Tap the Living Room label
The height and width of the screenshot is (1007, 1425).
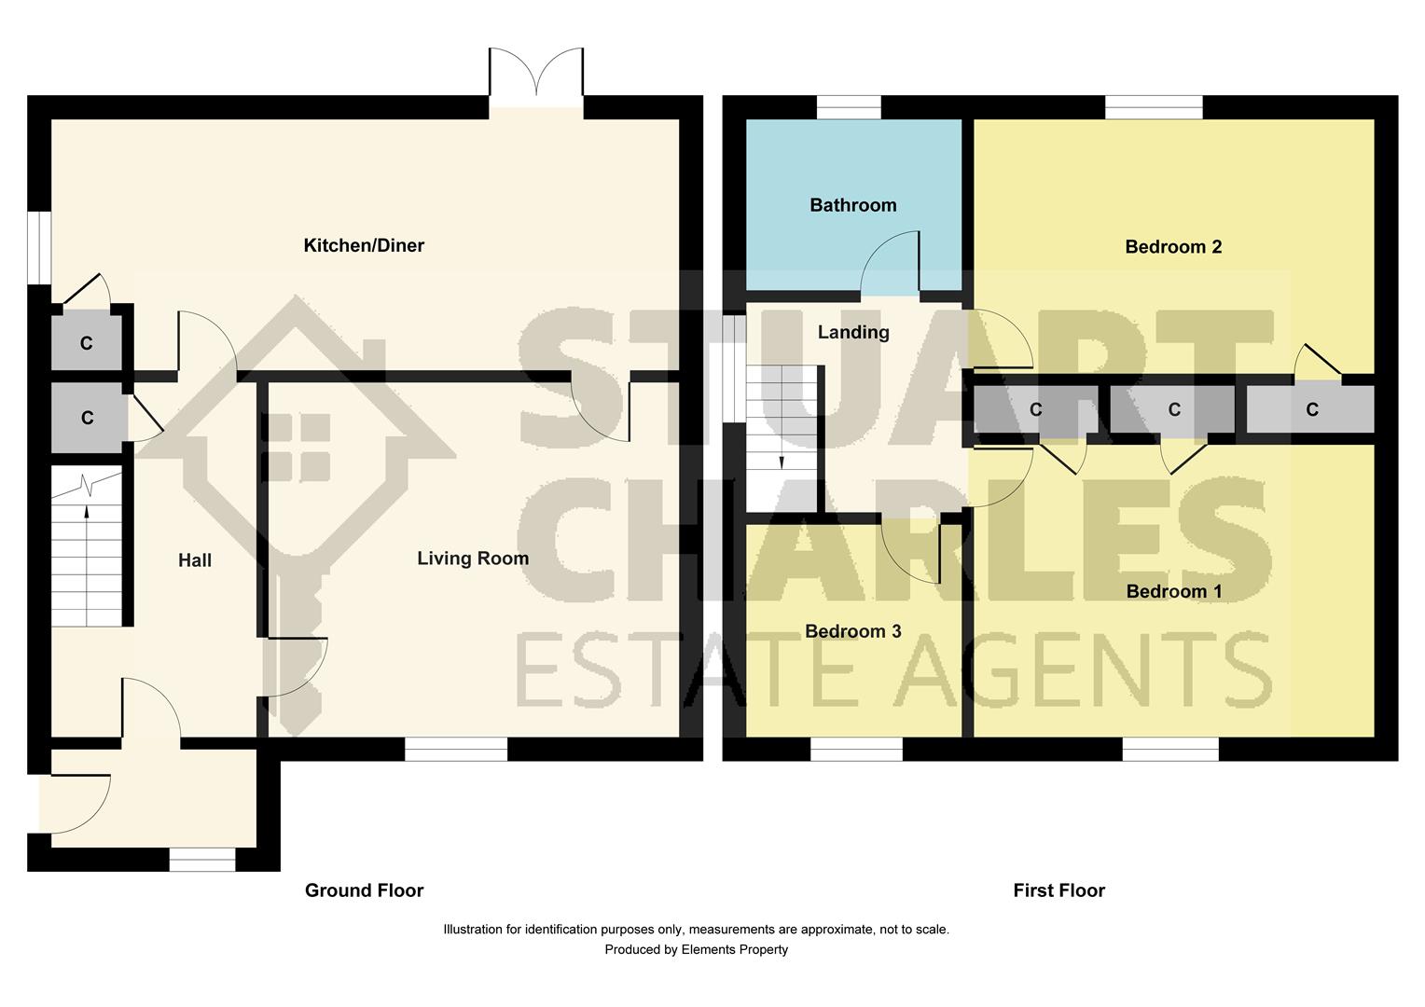coord(472,559)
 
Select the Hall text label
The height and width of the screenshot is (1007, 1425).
coord(195,560)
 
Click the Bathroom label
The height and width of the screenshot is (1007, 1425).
coord(852,205)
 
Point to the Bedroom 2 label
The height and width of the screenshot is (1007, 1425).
coord(1173,247)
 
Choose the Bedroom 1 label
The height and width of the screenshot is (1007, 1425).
coord(1173,591)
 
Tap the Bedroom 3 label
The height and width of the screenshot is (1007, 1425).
coord(852,631)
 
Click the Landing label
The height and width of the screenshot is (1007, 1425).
coord(852,332)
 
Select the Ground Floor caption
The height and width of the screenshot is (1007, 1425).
coord(364,890)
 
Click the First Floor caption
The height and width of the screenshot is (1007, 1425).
coord(1058,890)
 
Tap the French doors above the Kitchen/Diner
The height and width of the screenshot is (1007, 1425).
coord(536,75)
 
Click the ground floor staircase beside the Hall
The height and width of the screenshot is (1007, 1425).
coord(87,550)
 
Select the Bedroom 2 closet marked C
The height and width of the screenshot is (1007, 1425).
coord(1310,409)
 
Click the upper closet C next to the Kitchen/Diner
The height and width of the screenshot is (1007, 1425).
coord(86,343)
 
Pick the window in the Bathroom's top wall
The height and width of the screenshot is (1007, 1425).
coord(849,107)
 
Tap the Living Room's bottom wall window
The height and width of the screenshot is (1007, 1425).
coord(456,749)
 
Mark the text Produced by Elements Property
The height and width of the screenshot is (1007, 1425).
coord(696,950)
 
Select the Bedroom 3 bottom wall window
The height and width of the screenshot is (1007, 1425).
coord(856,749)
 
